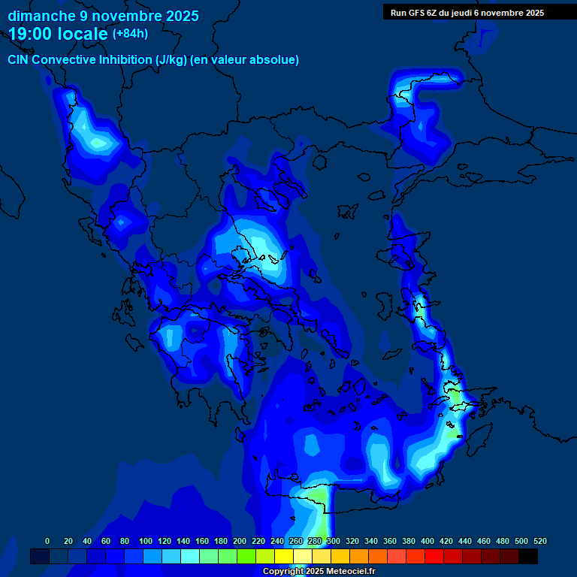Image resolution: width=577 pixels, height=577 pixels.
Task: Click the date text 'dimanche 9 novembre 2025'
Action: (103, 16)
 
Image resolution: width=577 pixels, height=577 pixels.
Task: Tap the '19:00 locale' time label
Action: (59, 34)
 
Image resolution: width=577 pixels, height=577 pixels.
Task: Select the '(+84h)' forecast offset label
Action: (130, 34)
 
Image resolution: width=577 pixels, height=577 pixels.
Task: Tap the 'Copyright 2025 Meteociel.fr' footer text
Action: (319, 572)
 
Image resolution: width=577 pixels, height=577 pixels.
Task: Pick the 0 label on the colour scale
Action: (47, 541)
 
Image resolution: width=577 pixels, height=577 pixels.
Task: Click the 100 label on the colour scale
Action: (146, 541)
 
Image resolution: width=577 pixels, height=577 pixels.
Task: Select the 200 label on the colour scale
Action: (240, 541)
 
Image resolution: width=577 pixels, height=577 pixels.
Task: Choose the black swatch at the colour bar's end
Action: (528, 556)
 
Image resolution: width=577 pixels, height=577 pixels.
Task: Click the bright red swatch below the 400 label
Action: (434, 556)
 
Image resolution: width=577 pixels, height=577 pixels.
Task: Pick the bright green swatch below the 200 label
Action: (246, 556)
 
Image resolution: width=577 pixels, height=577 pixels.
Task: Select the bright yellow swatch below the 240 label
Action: (284, 556)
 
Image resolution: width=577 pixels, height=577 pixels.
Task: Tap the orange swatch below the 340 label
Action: (378, 556)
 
